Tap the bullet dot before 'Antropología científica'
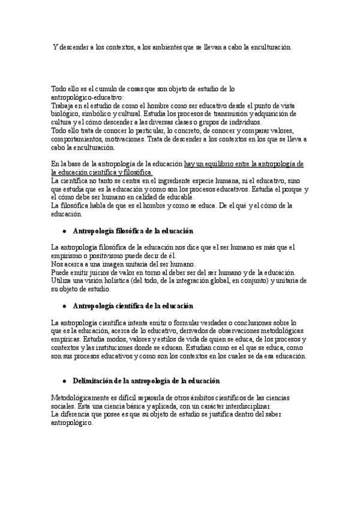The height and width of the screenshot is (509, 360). tap(63, 306)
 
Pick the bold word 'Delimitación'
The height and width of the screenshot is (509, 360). tap(96, 381)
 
